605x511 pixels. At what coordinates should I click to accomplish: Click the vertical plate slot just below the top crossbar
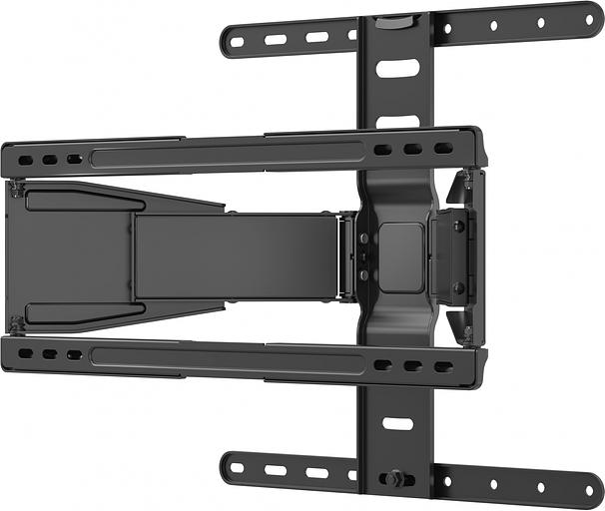point(397,69)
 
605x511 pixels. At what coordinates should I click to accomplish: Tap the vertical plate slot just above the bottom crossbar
point(397,423)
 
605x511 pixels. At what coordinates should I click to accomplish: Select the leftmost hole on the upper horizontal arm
point(26,159)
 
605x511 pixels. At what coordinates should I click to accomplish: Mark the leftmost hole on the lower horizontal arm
point(26,353)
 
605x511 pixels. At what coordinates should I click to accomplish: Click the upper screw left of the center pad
point(362,239)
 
